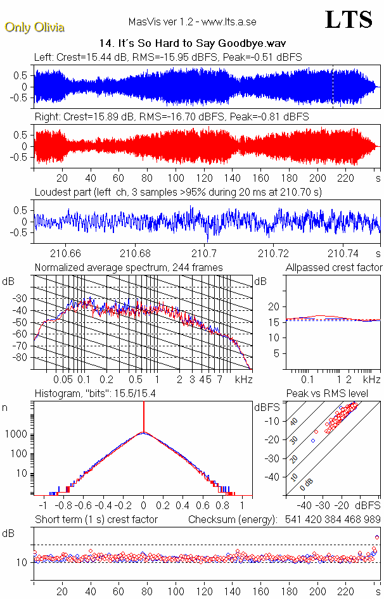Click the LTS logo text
[x=349, y=20]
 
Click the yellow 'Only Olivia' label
[x=34, y=27]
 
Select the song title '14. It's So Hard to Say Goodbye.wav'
[x=193, y=44]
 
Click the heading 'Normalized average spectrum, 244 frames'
[x=129, y=268]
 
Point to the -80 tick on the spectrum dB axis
[x=22, y=358]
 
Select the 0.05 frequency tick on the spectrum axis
[x=63, y=379]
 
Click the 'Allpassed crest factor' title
[x=334, y=268]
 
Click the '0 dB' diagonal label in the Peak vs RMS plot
[x=307, y=483]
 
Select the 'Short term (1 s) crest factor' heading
[x=96, y=520]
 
